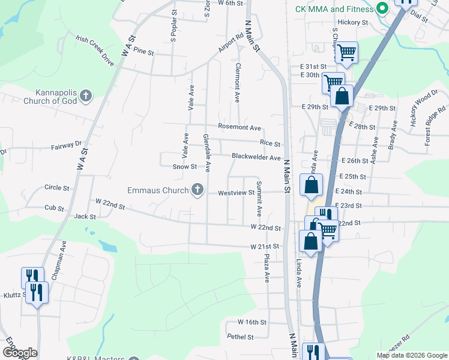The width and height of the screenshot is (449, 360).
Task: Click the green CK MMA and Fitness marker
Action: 380,9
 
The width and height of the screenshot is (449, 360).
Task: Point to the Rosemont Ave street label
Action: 240,128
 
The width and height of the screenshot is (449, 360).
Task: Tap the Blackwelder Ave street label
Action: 256,158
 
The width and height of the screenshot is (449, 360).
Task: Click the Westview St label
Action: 236,193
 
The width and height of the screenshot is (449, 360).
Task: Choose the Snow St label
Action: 185,167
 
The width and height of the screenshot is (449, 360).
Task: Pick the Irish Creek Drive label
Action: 95,49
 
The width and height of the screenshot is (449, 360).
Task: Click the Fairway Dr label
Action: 66,145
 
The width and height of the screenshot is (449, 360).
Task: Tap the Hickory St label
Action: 352,22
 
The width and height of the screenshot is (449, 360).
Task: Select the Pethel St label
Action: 241,337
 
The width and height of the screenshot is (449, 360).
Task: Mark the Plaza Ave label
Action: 267,268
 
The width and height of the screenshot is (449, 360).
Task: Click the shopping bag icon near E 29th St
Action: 342,96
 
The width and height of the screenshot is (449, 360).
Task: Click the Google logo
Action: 20,353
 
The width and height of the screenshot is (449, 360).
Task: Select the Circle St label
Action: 57,188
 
